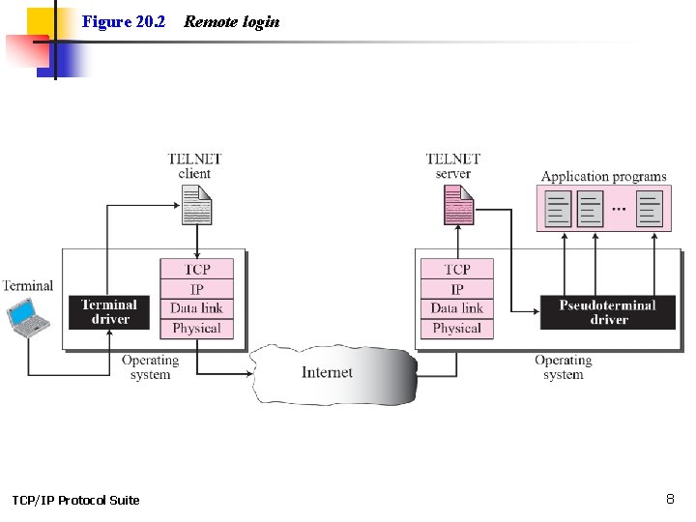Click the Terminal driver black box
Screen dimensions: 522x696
[109, 312]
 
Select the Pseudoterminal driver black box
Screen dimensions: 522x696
[607, 312]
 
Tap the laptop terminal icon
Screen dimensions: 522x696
[25, 316]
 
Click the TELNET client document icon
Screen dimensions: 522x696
[196, 205]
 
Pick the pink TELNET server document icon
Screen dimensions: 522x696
[458, 205]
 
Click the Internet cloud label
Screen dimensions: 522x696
[327, 372]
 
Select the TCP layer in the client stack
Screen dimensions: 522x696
[197, 270]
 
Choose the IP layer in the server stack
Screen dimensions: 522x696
[457, 289]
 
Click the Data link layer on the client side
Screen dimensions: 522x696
[197, 308]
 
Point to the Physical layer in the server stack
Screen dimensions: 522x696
[457, 329]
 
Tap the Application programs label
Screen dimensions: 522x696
[603, 177]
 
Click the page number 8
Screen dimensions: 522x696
[670, 499]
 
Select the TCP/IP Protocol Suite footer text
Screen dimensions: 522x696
[75, 500]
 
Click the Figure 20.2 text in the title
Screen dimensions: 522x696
[124, 21]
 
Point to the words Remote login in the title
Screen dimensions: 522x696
[232, 21]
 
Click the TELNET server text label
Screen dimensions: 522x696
[452, 166]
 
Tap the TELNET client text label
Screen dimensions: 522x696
[194, 166]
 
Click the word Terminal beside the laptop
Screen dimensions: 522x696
[27, 285]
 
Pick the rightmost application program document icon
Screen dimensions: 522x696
[650, 209]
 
